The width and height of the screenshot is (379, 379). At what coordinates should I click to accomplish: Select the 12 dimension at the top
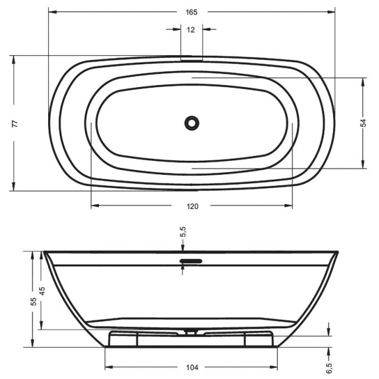pos(191,30)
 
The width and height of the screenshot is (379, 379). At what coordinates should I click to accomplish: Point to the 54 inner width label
pos(363,123)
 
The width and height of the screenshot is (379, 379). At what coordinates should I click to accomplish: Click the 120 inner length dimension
pos(192,206)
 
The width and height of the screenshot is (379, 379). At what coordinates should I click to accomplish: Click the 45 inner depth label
pos(43,290)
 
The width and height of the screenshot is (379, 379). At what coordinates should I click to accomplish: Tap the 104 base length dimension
pos(191,367)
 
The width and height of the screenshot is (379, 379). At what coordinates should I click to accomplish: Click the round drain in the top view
pos(192,123)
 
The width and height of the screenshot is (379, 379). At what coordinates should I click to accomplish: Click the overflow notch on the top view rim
pos(192,60)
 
